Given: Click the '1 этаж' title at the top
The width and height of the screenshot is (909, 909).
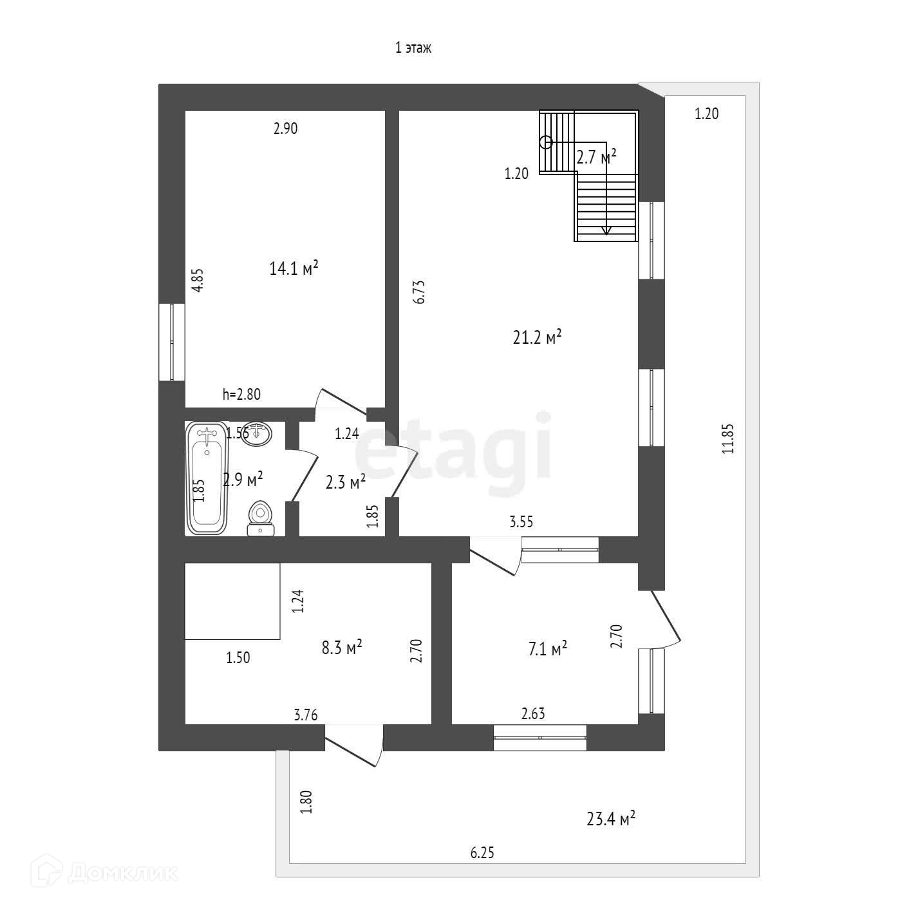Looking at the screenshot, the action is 413,48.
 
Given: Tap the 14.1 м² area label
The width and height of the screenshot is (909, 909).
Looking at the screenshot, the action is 294,268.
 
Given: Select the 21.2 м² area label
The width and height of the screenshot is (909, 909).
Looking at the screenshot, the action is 538,337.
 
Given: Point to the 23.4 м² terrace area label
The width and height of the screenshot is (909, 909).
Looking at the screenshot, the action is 611,819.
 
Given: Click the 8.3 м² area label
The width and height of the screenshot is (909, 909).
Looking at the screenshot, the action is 342,647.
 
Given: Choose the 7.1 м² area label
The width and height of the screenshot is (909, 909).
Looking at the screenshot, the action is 547,649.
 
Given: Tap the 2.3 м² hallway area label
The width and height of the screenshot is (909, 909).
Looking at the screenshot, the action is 346,482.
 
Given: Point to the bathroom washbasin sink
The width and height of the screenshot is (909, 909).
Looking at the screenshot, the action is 260,433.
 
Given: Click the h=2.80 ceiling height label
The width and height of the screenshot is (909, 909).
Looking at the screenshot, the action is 241,395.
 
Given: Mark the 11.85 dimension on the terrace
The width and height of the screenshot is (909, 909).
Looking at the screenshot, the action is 728,439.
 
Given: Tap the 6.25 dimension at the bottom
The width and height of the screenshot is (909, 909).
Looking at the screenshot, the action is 482,853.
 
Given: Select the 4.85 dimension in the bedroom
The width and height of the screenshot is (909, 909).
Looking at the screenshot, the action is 199,281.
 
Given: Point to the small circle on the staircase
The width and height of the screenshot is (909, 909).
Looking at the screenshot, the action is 546,143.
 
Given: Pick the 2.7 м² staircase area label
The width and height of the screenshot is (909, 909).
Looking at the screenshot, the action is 596,157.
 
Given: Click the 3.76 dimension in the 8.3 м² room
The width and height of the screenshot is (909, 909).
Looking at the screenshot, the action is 306,715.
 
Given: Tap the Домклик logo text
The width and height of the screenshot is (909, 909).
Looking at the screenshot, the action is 122,873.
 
